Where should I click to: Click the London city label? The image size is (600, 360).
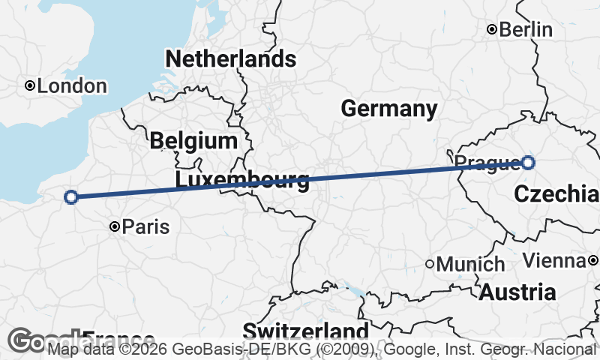pyautogui.click(x=72, y=86)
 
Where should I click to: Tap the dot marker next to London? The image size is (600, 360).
pyautogui.click(x=29, y=85)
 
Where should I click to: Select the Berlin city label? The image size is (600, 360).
pyautogui.click(x=526, y=30)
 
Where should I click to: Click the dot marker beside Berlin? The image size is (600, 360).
pyautogui.click(x=492, y=30)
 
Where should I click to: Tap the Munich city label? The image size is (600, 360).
pyautogui.click(x=470, y=265)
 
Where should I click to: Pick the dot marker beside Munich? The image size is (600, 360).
pyautogui.click(x=430, y=264)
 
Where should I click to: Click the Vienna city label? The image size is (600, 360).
pyautogui.click(x=553, y=261)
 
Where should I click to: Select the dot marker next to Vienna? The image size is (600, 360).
pyautogui.click(x=592, y=260)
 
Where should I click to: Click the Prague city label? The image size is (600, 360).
pyautogui.click(x=486, y=162)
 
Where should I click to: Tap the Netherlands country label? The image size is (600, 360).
pyautogui.click(x=231, y=59)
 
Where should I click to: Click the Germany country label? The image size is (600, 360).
pyautogui.click(x=388, y=109)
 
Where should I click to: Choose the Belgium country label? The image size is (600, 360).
pyautogui.click(x=193, y=140)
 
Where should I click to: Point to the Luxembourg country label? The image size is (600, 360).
pyautogui.click(x=241, y=180)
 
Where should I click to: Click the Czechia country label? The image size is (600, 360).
pyautogui.click(x=556, y=194)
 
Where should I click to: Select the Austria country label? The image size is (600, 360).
pyautogui.click(x=517, y=292)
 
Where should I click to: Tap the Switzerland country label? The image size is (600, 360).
pyautogui.click(x=305, y=331)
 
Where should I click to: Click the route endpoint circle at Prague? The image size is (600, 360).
pyautogui.click(x=528, y=162)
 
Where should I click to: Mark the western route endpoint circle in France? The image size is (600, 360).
pyautogui.click(x=71, y=197)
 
